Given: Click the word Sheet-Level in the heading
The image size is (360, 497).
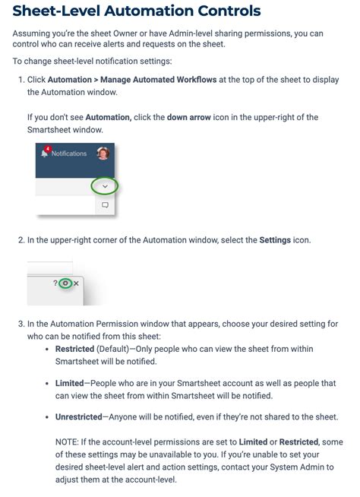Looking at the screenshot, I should (x=55, y=11).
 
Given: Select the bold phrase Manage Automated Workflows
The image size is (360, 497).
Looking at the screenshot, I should (x=157, y=80).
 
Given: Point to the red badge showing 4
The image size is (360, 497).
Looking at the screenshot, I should (x=48, y=148).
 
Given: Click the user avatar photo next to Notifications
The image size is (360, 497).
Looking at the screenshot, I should (x=103, y=154).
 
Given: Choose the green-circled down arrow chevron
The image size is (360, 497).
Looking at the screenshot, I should (x=105, y=186).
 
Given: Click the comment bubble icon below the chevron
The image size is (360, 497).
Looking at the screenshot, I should (x=105, y=205).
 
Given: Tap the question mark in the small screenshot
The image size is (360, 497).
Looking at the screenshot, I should (x=55, y=283).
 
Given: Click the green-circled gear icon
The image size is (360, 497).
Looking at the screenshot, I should (x=65, y=283).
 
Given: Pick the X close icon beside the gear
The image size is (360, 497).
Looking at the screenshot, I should (x=76, y=283).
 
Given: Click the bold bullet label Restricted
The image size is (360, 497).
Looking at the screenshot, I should (x=74, y=349).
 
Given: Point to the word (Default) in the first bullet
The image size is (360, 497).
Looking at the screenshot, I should (x=112, y=349).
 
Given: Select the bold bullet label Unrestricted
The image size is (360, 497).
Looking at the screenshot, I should (x=78, y=417).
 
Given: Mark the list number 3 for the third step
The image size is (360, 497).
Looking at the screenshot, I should (x=21, y=324).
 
